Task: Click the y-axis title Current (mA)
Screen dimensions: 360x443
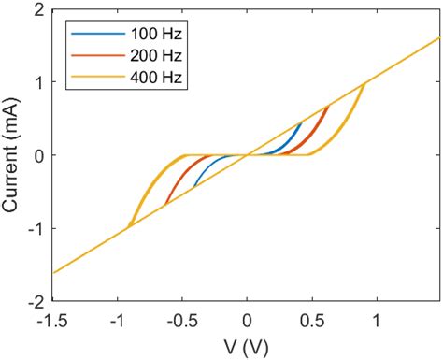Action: tap(13, 155)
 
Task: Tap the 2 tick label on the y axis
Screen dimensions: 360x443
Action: tap(40, 9)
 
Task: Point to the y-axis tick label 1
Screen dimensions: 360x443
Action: tap(40, 82)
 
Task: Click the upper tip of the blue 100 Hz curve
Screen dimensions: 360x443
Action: tap(301, 122)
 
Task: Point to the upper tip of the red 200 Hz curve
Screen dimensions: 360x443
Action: tap(328, 107)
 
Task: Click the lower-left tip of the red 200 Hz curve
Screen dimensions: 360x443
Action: tap(165, 205)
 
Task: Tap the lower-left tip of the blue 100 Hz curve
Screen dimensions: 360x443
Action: tap(193, 187)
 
